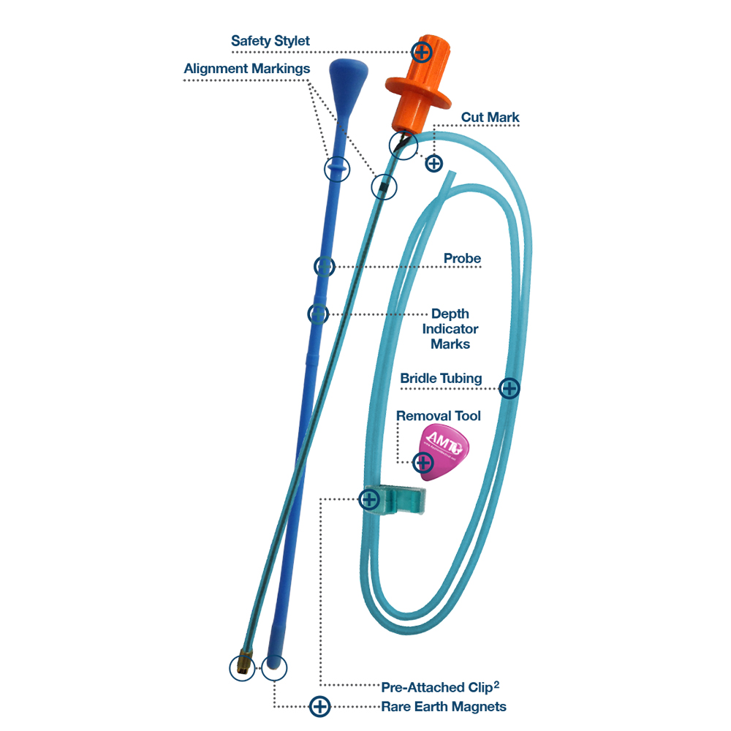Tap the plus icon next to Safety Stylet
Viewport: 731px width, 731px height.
tap(421, 51)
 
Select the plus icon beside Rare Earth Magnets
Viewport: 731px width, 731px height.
tap(319, 706)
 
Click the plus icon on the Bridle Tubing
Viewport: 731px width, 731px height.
tap(509, 387)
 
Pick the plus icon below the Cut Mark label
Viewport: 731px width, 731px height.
tap(433, 162)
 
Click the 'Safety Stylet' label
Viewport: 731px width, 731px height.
tap(270, 41)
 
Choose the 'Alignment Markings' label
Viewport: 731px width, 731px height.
tap(247, 69)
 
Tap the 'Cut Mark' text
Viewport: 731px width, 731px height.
tap(490, 117)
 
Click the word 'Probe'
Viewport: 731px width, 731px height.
tap(462, 259)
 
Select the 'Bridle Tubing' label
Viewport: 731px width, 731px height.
tap(441, 378)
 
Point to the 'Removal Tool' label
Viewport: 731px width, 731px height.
tap(439, 415)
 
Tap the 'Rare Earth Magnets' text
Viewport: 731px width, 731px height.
tap(444, 707)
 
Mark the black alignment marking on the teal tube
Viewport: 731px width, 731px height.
tap(383, 186)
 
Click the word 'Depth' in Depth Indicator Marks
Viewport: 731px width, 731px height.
tap(450, 314)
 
